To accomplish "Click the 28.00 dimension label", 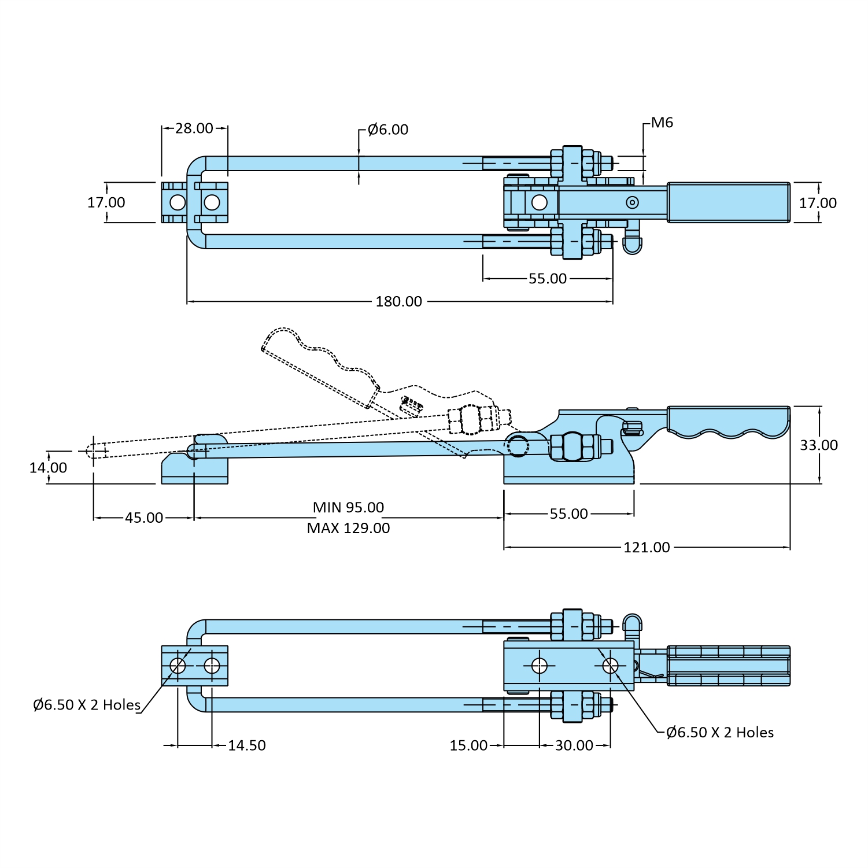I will [194, 128].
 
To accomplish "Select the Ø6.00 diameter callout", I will [387, 130].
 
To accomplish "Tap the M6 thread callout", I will [662, 123].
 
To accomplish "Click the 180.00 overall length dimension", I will [398, 301].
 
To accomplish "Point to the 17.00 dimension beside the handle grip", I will [818, 203].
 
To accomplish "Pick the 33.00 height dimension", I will [818, 445].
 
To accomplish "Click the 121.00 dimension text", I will [647, 547].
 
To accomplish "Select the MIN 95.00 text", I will [348, 507].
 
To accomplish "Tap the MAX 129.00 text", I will [348, 528].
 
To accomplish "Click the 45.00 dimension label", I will [144, 518].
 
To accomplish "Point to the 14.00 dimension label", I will [48, 467].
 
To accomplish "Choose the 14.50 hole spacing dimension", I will [247, 745].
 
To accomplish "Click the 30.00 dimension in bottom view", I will [574, 745].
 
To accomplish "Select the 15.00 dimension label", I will [468, 745].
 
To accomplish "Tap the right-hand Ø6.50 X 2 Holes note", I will [719, 732].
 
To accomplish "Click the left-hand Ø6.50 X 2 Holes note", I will [87, 705].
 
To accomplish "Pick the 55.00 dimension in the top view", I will [547, 279].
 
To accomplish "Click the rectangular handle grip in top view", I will [729, 202].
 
